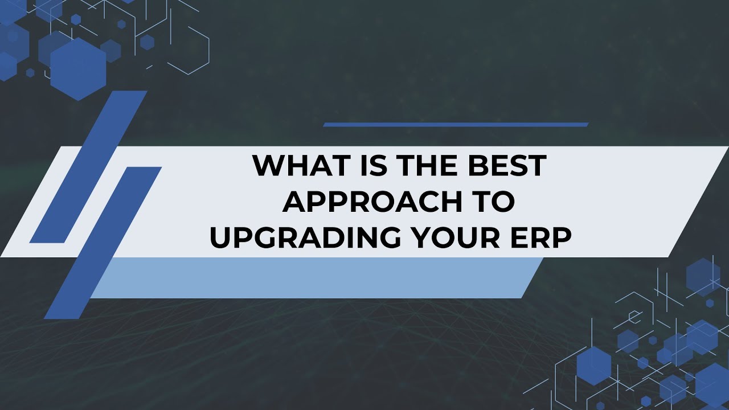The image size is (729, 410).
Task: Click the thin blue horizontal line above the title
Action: click(x=456, y=124)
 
